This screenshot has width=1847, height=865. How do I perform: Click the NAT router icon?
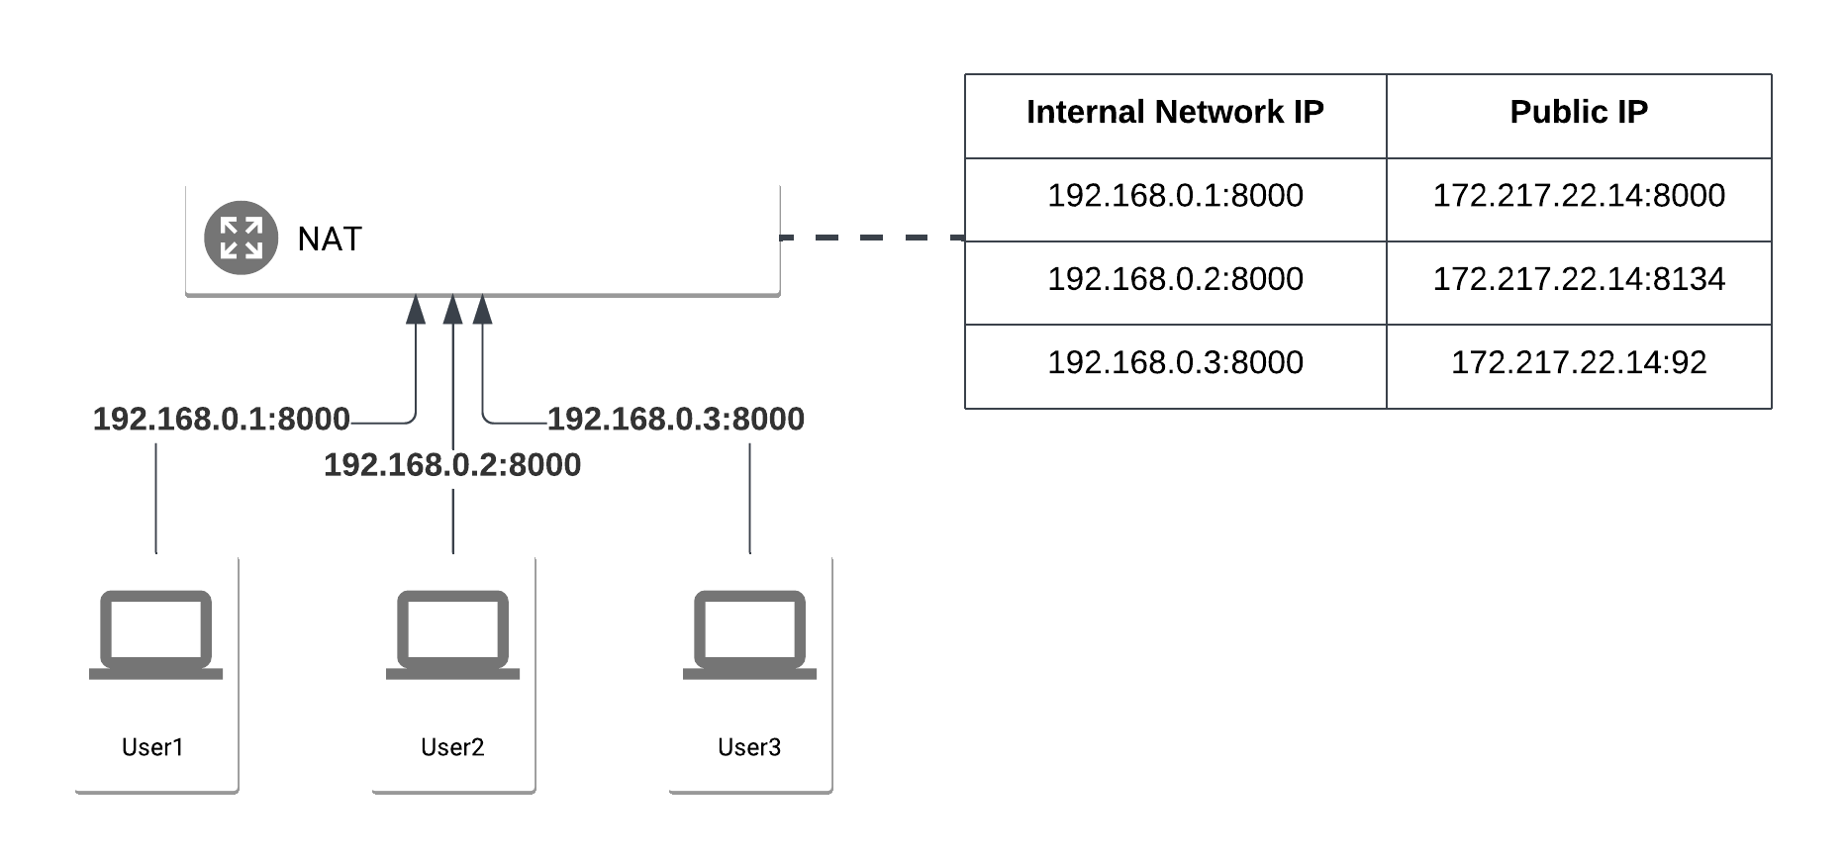tap(241, 238)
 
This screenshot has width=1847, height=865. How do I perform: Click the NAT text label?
tap(330, 240)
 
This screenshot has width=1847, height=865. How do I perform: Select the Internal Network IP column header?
tap(1175, 112)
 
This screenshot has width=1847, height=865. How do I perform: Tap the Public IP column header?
tap(1578, 112)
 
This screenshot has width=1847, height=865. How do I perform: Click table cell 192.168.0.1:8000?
tap(1175, 196)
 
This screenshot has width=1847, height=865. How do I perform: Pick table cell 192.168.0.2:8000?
tap(1175, 279)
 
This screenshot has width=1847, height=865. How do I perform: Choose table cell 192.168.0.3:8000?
tap(1175, 362)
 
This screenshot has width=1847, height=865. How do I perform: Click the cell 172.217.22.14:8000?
tap(1578, 196)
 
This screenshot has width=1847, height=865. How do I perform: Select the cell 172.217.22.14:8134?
tap(1578, 279)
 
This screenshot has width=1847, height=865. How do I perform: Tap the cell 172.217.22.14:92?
tap(1578, 362)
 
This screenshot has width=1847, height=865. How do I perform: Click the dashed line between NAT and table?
tap(871, 238)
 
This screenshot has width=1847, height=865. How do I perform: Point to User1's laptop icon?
tap(155, 634)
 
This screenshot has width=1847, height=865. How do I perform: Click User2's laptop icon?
tap(452, 634)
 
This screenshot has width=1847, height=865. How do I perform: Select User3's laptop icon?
tap(749, 634)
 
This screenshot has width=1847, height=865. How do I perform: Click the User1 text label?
tap(152, 747)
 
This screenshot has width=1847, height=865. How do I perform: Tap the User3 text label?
tap(749, 747)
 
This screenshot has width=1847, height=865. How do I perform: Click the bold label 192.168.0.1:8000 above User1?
tap(221, 420)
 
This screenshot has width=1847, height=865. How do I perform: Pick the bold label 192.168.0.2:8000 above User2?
tap(452, 465)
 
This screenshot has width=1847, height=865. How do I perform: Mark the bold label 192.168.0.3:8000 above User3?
tap(675, 420)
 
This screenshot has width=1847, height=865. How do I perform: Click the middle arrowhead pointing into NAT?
tap(452, 310)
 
